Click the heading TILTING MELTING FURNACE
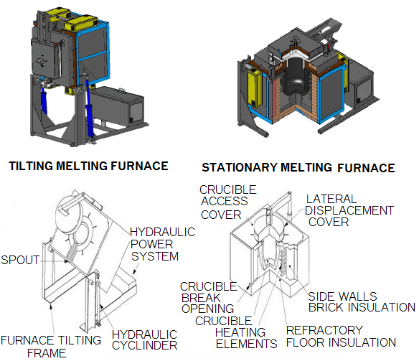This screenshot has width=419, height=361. (x=88, y=166)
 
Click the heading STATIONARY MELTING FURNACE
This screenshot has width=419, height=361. (x=298, y=168)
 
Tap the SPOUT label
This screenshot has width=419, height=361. (x=21, y=259)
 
